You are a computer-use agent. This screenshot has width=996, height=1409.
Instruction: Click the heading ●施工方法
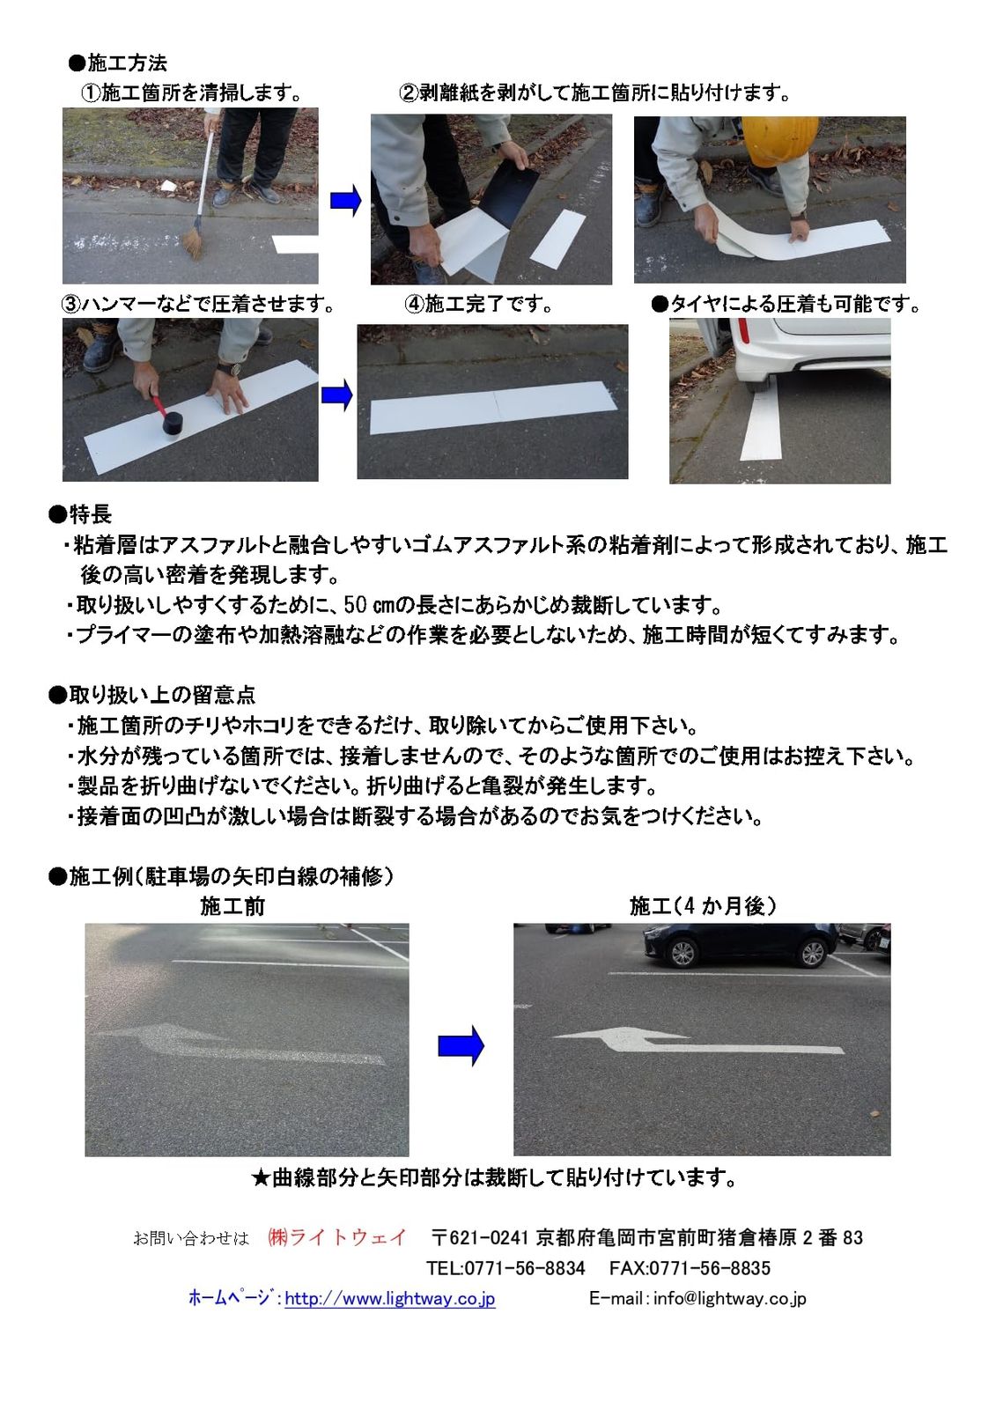coord(117,63)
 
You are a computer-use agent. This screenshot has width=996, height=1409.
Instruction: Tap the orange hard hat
coord(779,140)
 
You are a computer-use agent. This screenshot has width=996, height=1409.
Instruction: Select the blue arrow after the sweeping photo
coord(346,201)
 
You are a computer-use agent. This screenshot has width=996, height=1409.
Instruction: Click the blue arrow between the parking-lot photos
coord(461,1045)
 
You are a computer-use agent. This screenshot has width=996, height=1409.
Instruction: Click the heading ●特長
coord(80,514)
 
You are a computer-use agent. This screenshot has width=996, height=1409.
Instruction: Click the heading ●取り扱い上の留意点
coord(151,695)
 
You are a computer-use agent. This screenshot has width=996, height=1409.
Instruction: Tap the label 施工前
coord(232,906)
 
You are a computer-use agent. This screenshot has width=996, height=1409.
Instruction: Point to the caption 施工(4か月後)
coord(703,906)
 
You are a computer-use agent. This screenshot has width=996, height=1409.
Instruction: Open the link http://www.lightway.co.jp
coord(390,1298)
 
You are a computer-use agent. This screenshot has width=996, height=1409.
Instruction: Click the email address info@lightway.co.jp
coord(729,1298)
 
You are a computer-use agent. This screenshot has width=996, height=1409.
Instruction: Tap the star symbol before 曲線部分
coord(261,1177)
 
